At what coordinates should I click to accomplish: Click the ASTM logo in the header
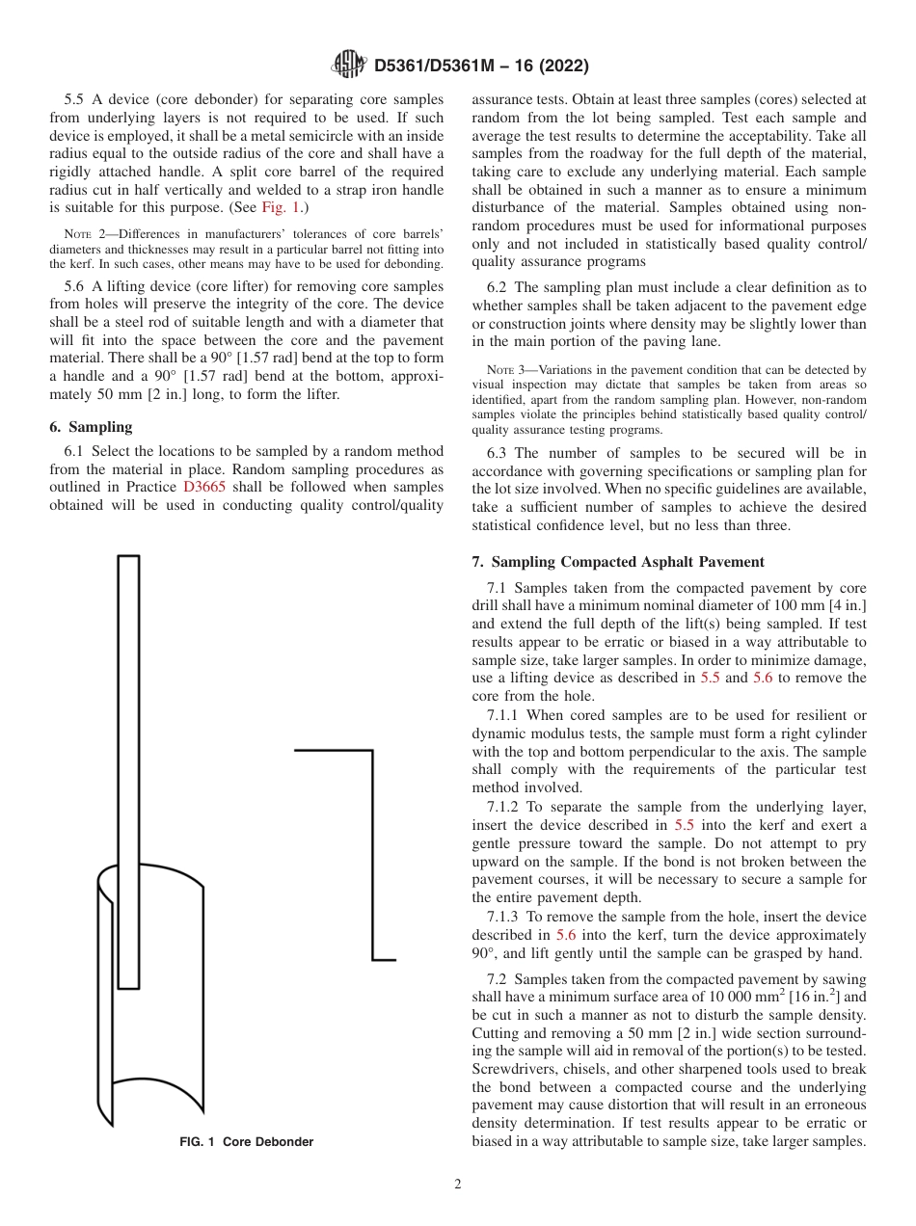click(x=348, y=65)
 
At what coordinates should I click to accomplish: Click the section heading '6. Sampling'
click(x=91, y=427)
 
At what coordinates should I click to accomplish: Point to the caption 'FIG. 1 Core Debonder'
click(x=247, y=1141)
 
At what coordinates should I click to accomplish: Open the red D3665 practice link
click(x=204, y=488)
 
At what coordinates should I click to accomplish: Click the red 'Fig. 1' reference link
click(x=282, y=207)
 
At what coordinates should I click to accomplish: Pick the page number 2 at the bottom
click(x=458, y=1185)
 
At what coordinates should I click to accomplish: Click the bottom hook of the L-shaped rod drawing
click(x=384, y=959)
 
